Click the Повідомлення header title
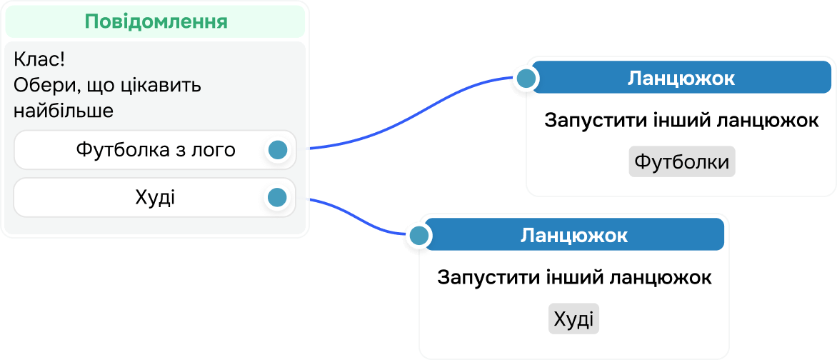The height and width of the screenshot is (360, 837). pyautogui.click(x=156, y=21)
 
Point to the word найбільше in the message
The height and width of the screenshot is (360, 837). pyautogui.click(x=64, y=111)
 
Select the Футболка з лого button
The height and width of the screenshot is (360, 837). pyautogui.click(x=155, y=150)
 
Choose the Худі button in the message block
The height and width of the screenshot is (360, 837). pyautogui.click(x=155, y=197)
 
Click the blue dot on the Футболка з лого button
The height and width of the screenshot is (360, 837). pyautogui.click(x=277, y=150)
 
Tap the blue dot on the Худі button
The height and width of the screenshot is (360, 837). pyautogui.click(x=276, y=197)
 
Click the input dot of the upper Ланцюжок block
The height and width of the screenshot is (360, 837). pyautogui.click(x=526, y=79)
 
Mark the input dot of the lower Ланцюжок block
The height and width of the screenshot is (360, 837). pyautogui.click(x=419, y=235)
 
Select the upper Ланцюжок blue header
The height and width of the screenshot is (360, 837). pyautogui.click(x=681, y=78)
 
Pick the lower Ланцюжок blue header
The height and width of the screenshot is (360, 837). pyautogui.click(x=574, y=235)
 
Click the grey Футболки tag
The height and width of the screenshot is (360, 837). pyautogui.click(x=681, y=161)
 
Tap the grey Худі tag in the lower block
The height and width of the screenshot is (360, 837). pyautogui.click(x=573, y=319)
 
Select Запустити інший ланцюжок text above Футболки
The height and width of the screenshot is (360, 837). pyautogui.click(x=681, y=121)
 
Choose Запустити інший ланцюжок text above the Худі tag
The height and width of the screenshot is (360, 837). pyautogui.click(x=573, y=277)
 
